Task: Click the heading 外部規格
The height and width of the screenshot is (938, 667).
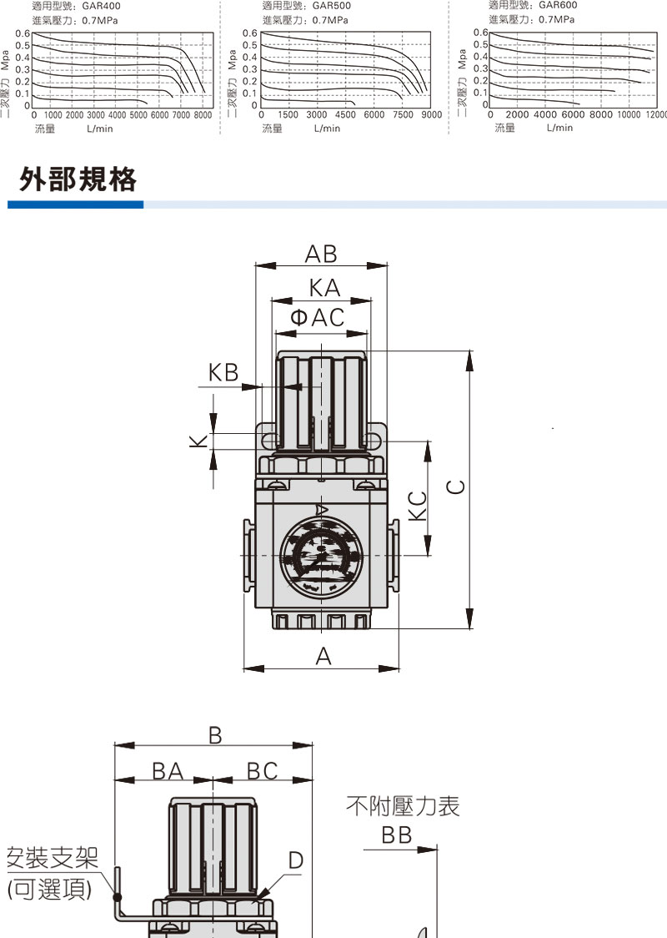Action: (x=78, y=179)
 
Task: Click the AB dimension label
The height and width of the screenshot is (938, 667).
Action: (x=321, y=254)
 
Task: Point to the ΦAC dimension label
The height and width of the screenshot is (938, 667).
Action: (x=317, y=317)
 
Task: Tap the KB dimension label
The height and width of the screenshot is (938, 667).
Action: (x=223, y=372)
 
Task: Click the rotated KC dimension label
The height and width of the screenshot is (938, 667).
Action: (x=419, y=506)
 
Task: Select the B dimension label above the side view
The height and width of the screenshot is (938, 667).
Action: (x=215, y=735)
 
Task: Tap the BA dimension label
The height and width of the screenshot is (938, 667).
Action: (x=168, y=771)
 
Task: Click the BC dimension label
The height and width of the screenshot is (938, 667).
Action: (x=263, y=771)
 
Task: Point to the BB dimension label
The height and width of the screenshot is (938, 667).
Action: (x=397, y=835)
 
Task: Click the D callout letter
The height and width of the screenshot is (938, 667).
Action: (x=295, y=860)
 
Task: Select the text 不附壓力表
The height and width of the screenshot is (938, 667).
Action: (x=403, y=806)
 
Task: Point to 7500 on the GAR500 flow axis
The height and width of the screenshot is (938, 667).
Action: (x=403, y=115)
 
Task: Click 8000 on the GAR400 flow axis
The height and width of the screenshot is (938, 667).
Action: (x=203, y=115)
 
